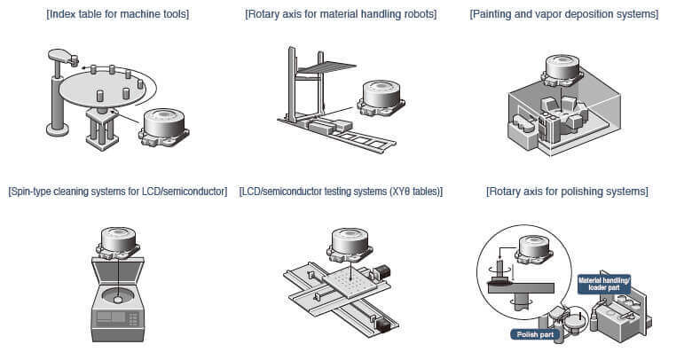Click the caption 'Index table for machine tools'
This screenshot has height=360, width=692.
pyautogui.click(x=118, y=14)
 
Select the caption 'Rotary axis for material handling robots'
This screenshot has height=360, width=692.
pyautogui.click(x=341, y=14)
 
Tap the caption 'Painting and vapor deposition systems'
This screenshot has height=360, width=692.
pyautogui.click(x=565, y=14)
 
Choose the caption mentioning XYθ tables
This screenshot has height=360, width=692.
pyautogui.click(x=341, y=192)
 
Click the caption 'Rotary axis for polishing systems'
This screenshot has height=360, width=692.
pyautogui.click(x=567, y=192)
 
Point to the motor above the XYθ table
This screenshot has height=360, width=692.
pyautogui.click(x=349, y=242)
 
